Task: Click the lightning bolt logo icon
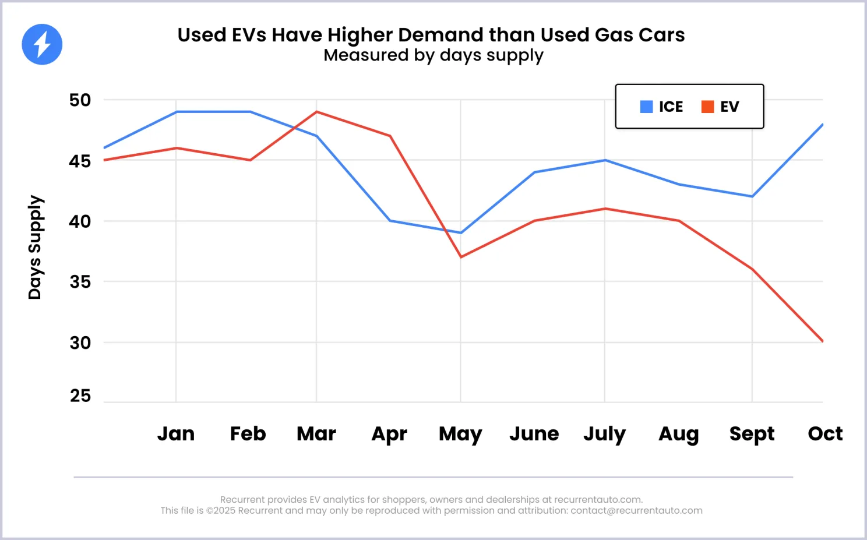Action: click(42, 44)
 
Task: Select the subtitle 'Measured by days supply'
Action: click(433, 55)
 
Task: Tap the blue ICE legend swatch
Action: click(646, 107)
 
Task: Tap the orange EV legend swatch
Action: click(707, 107)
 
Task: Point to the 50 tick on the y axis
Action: click(80, 100)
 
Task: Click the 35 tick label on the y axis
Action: click(80, 282)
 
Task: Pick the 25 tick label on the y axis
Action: click(80, 396)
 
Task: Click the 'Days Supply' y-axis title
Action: click(35, 247)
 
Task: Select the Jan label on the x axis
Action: click(176, 434)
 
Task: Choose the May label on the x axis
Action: click(460, 435)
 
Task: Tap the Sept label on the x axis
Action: click(752, 435)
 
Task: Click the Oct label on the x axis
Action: click(825, 434)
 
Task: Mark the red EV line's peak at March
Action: click(316, 112)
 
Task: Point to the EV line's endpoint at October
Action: click(822, 341)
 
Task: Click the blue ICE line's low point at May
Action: click(461, 233)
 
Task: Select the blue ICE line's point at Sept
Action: click(752, 196)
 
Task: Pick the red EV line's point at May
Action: click(461, 257)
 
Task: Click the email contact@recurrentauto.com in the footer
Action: click(636, 511)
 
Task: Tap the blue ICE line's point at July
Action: click(605, 160)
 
